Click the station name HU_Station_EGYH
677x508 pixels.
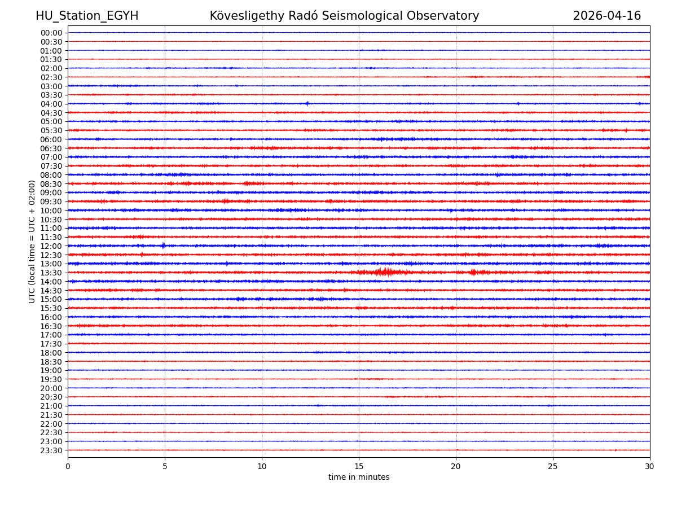[x=87, y=16]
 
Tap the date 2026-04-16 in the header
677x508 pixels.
[x=606, y=16]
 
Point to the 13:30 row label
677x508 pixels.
[x=51, y=273]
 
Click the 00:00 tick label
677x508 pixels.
[x=51, y=33]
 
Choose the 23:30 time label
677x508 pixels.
[x=51, y=450]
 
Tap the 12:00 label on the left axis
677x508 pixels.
[x=51, y=246]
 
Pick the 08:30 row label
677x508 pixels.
[x=51, y=184]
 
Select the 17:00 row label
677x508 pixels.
[x=51, y=335]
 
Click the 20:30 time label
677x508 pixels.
[x=51, y=397]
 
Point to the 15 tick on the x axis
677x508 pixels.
[x=359, y=467]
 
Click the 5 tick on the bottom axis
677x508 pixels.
[x=165, y=467]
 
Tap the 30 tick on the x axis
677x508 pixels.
[x=650, y=467]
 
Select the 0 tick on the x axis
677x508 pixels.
[x=68, y=467]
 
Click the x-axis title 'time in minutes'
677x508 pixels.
[x=359, y=478]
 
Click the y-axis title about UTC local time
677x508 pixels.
[x=32, y=242]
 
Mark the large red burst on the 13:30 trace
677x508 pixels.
[x=385, y=273]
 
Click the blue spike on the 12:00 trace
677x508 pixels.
[x=163, y=246]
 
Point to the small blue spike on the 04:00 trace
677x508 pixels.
[x=307, y=103]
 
